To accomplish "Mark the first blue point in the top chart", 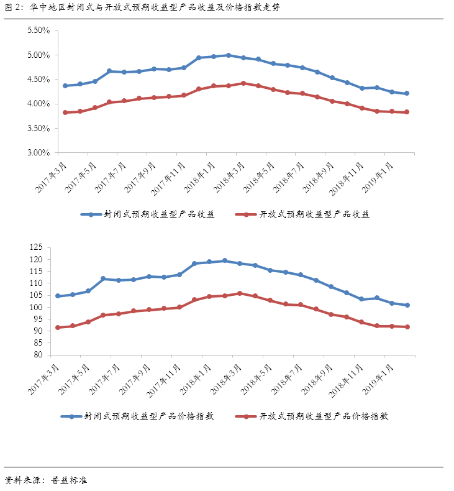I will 65,86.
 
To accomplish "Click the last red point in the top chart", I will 407,112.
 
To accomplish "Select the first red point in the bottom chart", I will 58,328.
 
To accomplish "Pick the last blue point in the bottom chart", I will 407,305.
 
